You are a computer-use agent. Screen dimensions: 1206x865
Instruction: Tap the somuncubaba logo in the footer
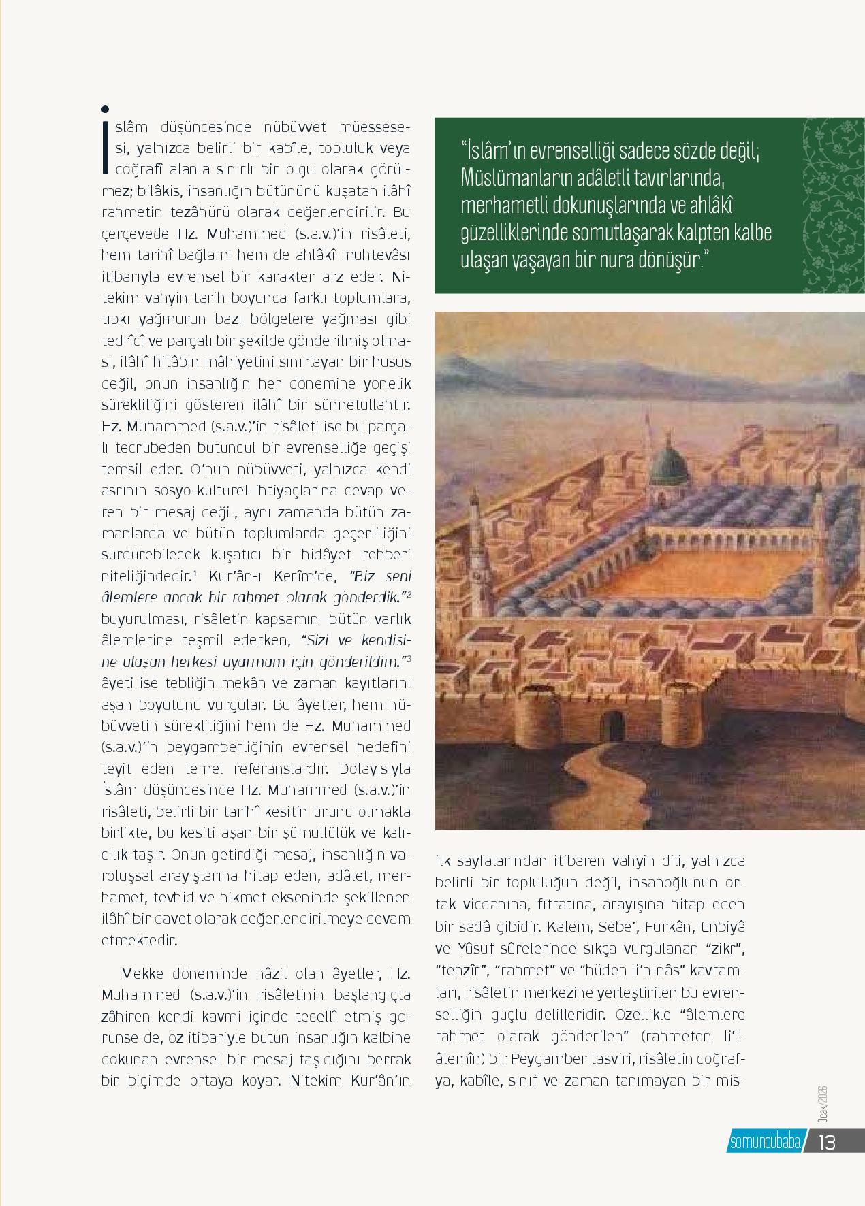click(764, 1141)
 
